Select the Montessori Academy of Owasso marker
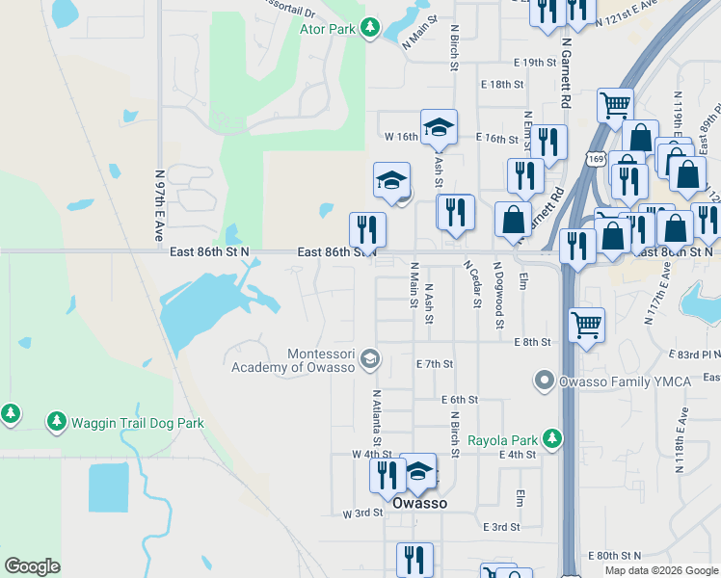[368, 360]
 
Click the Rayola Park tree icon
[551, 439]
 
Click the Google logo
[32, 565]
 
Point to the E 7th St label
[434, 364]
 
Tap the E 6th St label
[460, 399]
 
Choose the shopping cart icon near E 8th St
[586, 325]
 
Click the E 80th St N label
[614, 556]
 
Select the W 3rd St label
[363, 514]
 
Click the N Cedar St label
[472, 284]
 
